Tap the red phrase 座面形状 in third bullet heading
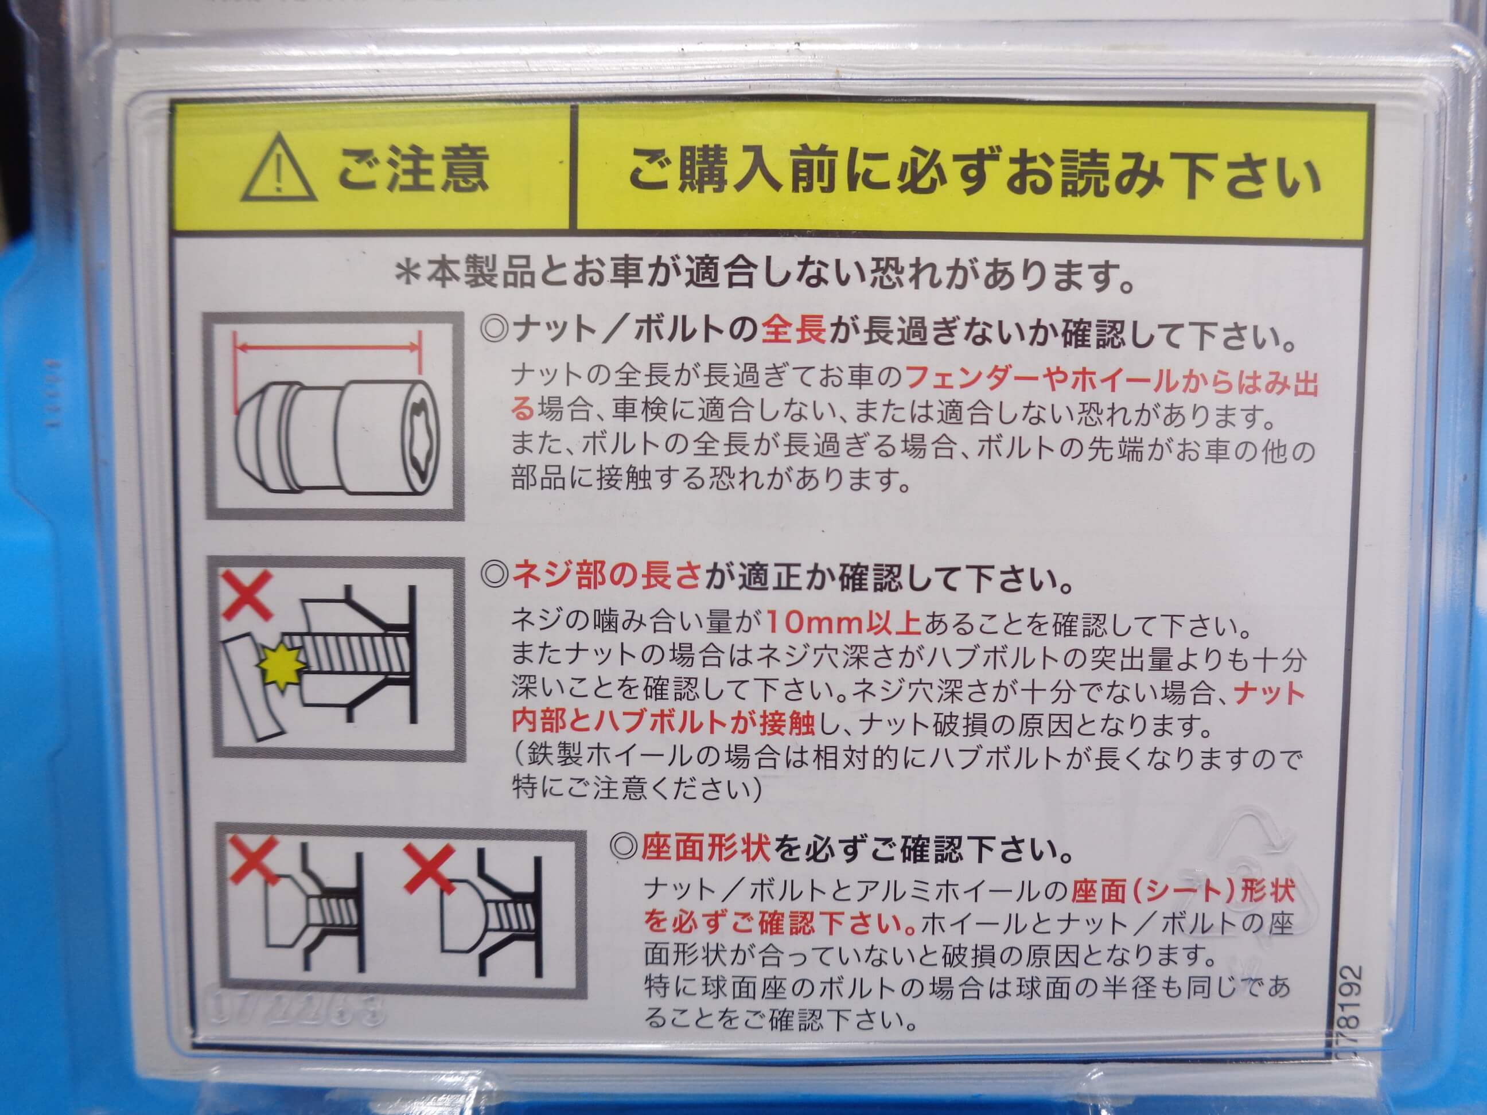tap(706, 849)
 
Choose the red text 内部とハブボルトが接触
tap(663, 723)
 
